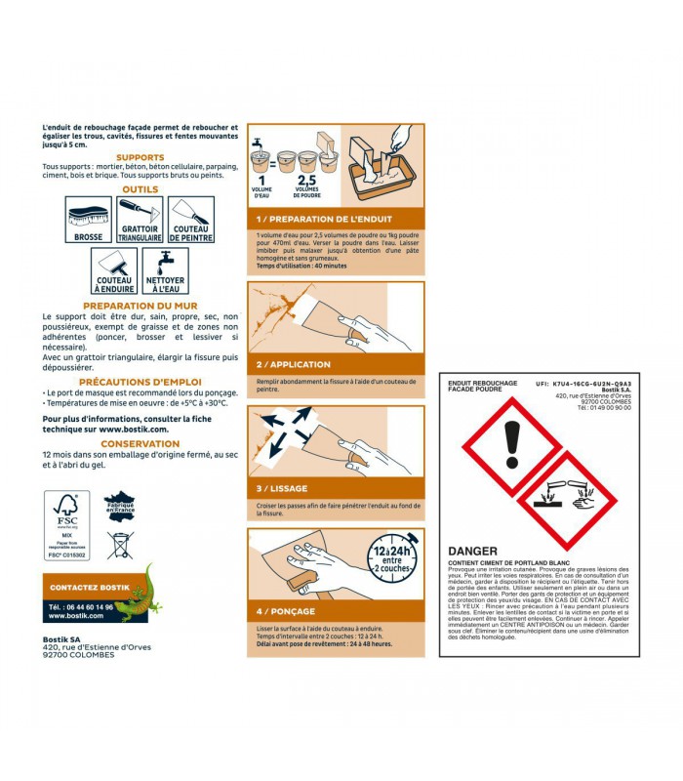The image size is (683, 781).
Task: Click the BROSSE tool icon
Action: pos(89,220)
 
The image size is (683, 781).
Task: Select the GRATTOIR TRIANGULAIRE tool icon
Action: pos(140,220)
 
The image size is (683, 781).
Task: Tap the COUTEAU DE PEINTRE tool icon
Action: pos(191,220)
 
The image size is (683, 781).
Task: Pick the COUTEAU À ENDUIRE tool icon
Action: pos(114,270)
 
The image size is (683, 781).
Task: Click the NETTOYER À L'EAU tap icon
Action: pos(165,270)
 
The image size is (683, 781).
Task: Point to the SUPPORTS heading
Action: pos(141,157)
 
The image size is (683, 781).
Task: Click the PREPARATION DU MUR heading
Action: pos(141,306)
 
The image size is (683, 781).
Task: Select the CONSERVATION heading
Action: pos(141,443)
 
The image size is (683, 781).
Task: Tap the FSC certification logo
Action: pos(66,524)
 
